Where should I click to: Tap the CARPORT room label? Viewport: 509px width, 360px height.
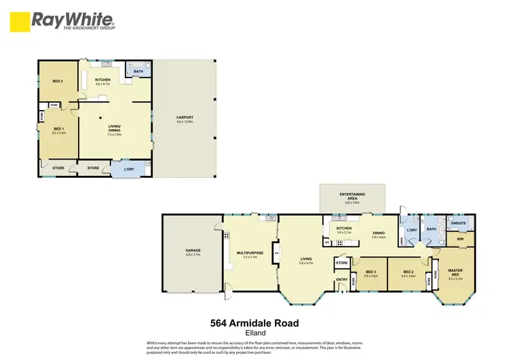(x=185, y=118)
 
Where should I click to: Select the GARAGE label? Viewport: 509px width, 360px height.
(x=193, y=251)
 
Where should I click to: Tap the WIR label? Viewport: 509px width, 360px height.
(x=459, y=239)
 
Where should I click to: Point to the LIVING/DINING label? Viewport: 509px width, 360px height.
(x=114, y=128)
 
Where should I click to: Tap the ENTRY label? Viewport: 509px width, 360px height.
(x=341, y=279)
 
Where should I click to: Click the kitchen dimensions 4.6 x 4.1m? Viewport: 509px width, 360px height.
(x=102, y=84)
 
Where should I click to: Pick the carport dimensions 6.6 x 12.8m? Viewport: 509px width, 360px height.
(x=185, y=122)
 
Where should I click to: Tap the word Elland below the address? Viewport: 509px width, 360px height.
(x=255, y=333)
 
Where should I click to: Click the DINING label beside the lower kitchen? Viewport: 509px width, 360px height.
(x=379, y=232)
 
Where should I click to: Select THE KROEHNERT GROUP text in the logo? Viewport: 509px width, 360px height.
(x=88, y=28)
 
